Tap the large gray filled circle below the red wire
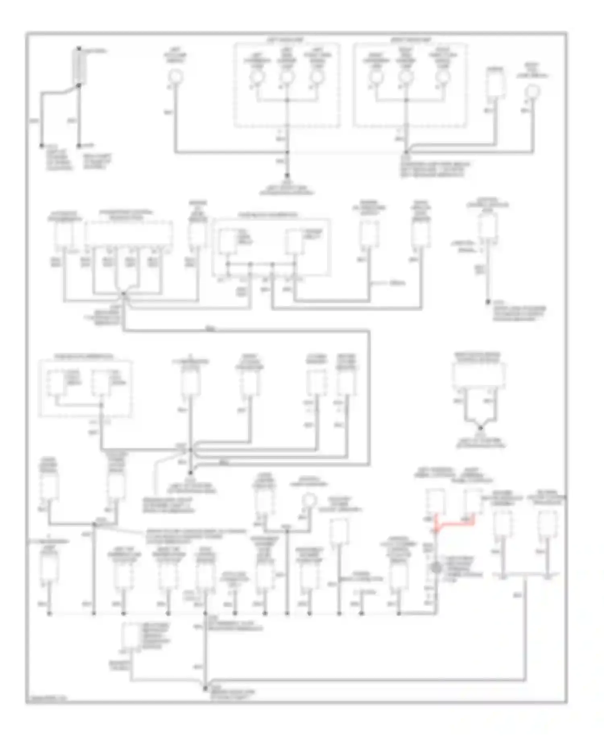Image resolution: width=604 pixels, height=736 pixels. click(436, 568)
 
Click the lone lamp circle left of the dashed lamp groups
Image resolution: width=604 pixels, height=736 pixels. click(175, 75)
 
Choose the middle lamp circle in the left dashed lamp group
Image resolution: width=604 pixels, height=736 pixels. click(287, 77)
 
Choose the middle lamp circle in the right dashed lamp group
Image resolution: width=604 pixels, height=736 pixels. click(405, 77)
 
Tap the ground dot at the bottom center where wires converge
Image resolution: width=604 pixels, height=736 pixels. click(205, 689)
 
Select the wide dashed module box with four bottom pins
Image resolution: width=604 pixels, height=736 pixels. click(129, 234)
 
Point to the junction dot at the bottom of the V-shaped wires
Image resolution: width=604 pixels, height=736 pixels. click(480, 428)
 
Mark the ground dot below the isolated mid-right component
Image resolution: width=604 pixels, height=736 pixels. click(487, 302)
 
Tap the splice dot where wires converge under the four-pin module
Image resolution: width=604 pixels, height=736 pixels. click(124, 295)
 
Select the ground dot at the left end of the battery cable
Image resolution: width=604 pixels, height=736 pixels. click(41, 145)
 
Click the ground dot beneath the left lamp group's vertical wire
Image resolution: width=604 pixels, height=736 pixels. click(287, 176)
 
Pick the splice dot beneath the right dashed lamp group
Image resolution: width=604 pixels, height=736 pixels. click(407, 152)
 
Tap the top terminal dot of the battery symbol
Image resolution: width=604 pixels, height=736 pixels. click(79, 48)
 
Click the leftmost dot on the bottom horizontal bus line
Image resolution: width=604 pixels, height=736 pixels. click(50, 614)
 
